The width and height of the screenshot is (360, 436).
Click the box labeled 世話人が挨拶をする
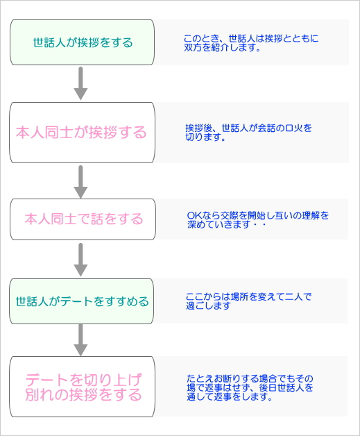[x=83, y=42]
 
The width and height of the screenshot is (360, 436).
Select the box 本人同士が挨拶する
[x=83, y=133]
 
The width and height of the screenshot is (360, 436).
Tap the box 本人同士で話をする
[x=83, y=219]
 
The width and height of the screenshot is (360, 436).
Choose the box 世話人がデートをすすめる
[x=82, y=301]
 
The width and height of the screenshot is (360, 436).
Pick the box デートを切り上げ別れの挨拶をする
[x=83, y=387]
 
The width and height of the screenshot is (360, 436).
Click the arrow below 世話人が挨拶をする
[x=80, y=83]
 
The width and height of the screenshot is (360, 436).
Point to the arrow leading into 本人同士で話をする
[x=80, y=182]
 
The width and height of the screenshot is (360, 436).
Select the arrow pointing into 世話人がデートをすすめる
[x=80, y=260]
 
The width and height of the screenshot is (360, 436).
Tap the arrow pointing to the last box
[x=80, y=339]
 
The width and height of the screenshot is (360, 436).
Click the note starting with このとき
[x=251, y=42]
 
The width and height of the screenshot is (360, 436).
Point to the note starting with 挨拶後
[x=248, y=133]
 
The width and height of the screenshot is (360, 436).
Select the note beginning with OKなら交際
[x=258, y=219]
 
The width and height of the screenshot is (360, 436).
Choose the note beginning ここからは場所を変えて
[x=248, y=301]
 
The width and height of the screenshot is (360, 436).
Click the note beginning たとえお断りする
[x=250, y=387]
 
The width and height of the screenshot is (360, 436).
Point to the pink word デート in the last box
[x=46, y=380]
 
